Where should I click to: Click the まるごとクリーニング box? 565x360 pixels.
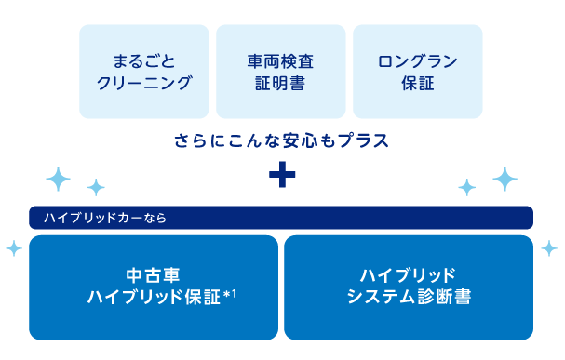[144, 72]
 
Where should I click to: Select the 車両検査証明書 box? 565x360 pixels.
[281, 72]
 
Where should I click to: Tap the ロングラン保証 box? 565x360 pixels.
[418, 72]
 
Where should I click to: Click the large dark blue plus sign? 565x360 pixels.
[282, 175]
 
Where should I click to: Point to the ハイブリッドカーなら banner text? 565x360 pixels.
[105, 218]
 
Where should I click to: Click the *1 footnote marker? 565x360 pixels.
[230, 295]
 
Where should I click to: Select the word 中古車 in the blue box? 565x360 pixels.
[154, 275]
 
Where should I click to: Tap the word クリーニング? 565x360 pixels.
[144, 83]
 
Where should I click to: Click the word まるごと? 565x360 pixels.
[144, 61]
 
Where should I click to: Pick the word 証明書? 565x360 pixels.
[280, 83]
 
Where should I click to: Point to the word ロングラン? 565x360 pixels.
[418, 61]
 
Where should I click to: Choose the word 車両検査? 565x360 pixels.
[280, 61]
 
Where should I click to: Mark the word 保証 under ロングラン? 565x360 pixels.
[418, 83]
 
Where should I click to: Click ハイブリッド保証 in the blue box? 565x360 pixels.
[154, 297]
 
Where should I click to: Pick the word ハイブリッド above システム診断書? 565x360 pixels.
[408, 275]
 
